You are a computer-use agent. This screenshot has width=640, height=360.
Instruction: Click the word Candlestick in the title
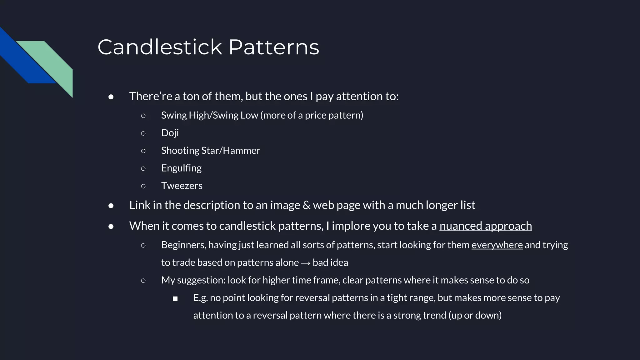coord(160,47)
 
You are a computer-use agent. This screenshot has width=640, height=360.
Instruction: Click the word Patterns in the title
coord(274,47)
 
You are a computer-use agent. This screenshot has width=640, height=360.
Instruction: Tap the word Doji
coord(170,133)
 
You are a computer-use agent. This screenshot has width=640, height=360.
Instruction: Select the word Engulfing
coord(181,168)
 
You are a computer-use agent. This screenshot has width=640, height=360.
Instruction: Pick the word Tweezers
coord(182,186)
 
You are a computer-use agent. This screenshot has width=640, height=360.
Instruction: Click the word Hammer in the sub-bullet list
coord(241,151)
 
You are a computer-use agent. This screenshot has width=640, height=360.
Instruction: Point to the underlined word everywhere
coord(497,245)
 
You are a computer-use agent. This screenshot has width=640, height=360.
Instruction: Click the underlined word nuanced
coord(461,226)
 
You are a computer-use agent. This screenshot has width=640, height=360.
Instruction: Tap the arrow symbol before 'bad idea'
coord(306,263)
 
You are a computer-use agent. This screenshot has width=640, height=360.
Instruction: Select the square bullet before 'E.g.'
coord(175,299)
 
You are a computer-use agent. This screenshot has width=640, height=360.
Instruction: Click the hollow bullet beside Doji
coord(143,133)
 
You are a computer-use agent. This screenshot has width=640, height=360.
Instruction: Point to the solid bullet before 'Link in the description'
coord(111,206)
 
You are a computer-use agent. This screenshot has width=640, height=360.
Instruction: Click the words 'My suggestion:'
coord(193,280)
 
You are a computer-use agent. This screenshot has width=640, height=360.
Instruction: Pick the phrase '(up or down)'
coord(475,315)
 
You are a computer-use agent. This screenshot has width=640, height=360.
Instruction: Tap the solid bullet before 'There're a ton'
coord(111,97)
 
